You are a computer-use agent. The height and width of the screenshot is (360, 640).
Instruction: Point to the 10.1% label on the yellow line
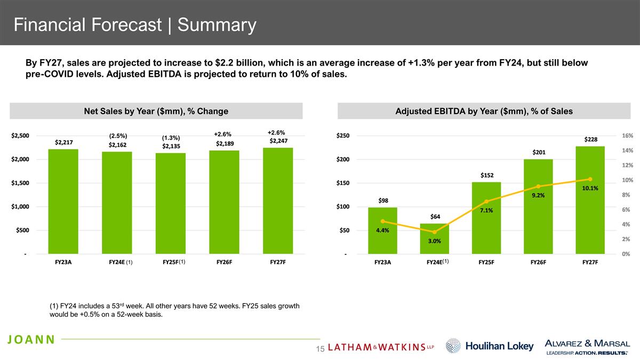pos(590,188)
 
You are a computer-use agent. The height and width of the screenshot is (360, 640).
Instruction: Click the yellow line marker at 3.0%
pos(435,232)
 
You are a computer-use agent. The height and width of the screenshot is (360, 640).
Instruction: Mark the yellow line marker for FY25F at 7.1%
pos(486,202)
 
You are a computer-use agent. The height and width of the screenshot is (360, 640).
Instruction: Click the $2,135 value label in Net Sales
pos(171,146)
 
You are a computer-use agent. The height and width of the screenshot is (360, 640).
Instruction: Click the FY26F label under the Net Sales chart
pos(224,262)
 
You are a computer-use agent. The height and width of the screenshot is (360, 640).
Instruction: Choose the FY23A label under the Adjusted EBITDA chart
pos(382,262)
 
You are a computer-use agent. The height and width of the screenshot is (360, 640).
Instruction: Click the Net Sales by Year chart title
pos(156,111)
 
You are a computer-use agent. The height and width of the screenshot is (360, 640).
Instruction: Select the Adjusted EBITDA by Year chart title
pos(484,111)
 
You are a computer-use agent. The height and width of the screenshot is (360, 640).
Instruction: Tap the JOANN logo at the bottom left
pos(31,340)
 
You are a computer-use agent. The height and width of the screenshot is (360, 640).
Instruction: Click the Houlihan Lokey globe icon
pos(453,346)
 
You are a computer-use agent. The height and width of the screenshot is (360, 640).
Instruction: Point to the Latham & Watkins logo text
pos(381,347)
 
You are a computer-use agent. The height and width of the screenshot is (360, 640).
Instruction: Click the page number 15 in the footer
pos(321,349)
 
